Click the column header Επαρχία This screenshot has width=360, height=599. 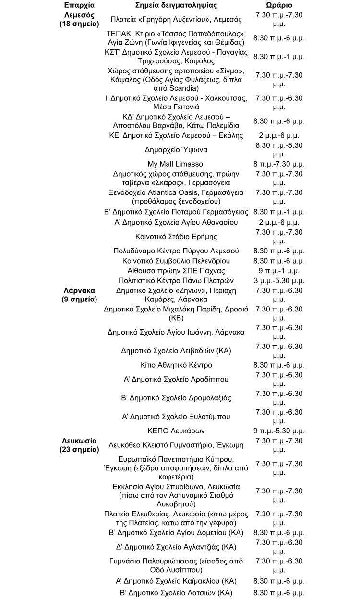(x=79, y=5)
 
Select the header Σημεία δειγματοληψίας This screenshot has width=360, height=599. (x=176, y=5)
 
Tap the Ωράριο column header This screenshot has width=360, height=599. (x=279, y=5)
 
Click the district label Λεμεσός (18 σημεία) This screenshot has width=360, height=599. (x=79, y=19)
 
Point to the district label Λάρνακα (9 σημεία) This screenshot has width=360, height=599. (x=79, y=295)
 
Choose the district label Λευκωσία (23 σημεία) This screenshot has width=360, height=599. (x=79, y=445)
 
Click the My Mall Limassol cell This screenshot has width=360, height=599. (x=176, y=164)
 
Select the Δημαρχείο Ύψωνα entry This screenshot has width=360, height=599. (x=176, y=150)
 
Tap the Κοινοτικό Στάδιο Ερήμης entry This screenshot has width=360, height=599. (x=176, y=237)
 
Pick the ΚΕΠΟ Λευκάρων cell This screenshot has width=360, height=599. (x=176, y=431)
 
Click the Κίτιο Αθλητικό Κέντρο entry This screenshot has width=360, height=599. (x=176, y=365)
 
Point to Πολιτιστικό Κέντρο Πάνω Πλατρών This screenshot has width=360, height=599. (x=176, y=280)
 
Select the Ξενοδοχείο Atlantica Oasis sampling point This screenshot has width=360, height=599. (x=176, y=197)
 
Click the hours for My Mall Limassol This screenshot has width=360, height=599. (x=279, y=164)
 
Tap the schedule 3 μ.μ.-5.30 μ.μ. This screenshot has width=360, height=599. (x=279, y=280)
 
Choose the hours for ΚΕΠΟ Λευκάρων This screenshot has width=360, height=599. (x=279, y=431)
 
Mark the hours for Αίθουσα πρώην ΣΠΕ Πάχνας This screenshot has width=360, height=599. (x=279, y=271)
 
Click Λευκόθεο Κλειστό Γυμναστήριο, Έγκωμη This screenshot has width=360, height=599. (x=176, y=445)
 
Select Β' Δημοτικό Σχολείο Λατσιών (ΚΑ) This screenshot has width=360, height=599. (x=176, y=593)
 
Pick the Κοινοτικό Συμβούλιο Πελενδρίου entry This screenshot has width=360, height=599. (x=176, y=261)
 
